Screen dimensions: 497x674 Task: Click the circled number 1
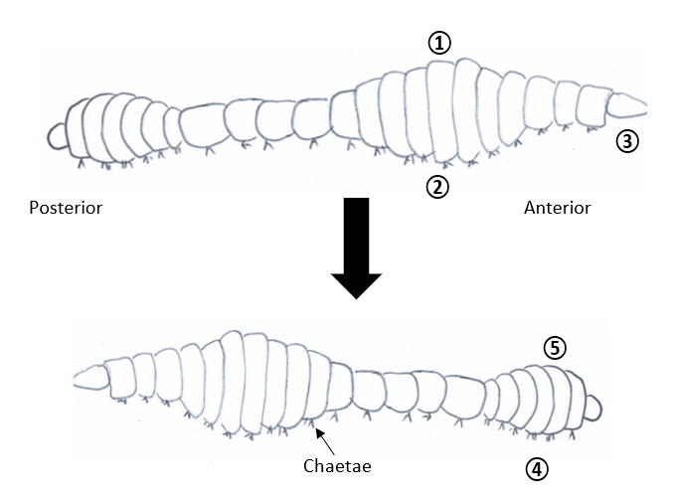(x=439, y=42)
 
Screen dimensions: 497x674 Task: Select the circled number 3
(x=626, y=141)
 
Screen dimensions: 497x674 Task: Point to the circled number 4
(x=537, y=468)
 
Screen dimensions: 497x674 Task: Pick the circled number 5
(x=555, y=347)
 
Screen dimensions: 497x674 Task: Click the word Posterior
(x=66, y=208)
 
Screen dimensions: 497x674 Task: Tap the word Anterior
(x=557, y=208)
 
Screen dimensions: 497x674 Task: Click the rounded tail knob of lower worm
(x=593, y=407)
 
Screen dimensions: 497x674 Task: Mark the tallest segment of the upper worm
(x=440, y=109)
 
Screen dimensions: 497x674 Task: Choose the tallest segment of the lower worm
(x=233, y=383)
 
